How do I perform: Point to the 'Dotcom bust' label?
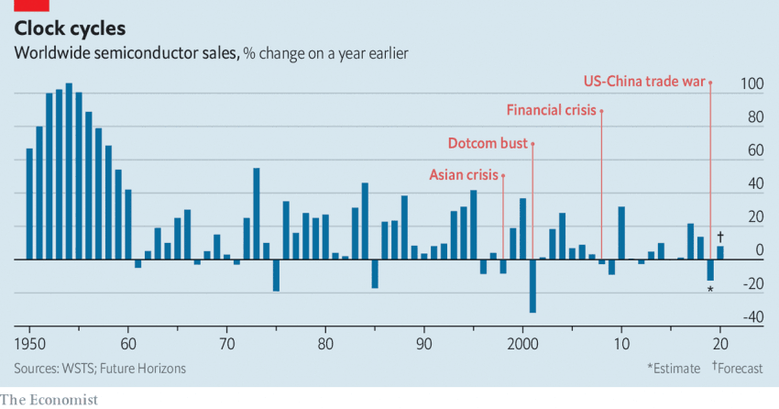coord(488,144)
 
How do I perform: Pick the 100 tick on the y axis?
coord(752,84)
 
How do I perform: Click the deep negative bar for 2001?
coord(532,286)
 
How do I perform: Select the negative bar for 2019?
coord(710,271)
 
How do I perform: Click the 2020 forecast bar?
coord(720,253)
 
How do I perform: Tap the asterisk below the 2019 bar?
coord(710,291)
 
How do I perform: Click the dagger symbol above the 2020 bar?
coord(720,237)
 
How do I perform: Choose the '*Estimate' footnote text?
coord(673,369)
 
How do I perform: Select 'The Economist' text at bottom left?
coord(49,399)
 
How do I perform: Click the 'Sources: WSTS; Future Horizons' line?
coord(100,369)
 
